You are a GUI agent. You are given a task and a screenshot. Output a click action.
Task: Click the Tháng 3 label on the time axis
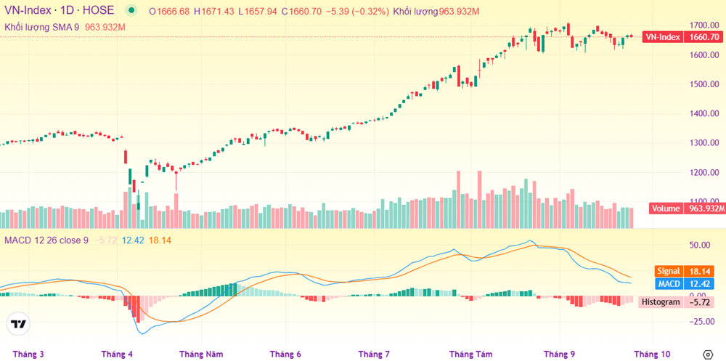(28, 354)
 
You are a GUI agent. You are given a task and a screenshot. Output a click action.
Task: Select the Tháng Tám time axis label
(470, 354)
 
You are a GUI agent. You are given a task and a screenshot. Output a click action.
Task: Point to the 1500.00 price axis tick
(704, 84)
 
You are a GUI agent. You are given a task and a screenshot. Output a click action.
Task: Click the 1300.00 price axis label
(704, 143)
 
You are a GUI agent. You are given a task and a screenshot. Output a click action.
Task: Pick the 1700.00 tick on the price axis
(704, 25)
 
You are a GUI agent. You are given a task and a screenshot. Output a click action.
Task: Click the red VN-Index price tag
(662, 37)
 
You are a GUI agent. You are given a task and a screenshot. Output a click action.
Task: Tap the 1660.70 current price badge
(704, 37)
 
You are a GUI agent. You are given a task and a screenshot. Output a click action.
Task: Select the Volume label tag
(666, 208)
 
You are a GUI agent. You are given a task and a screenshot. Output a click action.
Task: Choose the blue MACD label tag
(667, 283)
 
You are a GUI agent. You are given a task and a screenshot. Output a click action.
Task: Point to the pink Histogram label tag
(660, 301)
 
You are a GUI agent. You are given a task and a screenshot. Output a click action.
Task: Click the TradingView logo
(19, 324)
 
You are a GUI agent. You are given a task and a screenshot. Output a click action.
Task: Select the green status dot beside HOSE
(131, 11)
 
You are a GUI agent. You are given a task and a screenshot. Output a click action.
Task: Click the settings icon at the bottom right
(708, 354)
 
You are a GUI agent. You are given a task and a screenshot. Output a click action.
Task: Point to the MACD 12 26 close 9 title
(48, 240)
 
